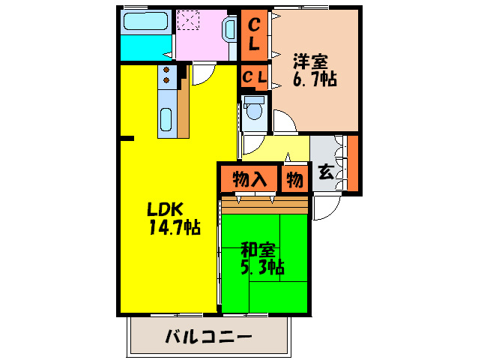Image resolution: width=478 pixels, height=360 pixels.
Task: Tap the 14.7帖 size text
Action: coord(173,226)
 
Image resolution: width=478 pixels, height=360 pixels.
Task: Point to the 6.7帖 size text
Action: coord(314,78)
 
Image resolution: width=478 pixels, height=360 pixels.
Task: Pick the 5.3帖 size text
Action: coord(261,266)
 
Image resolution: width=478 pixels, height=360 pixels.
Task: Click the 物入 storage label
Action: coord(249,179)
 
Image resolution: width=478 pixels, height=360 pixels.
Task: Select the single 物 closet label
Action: coord(294,179)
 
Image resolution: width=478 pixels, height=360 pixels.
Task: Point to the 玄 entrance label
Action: coord(326,172)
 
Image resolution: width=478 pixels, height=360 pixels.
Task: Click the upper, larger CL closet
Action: coord(255,34)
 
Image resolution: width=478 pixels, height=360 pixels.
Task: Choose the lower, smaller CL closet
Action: coord(255,76)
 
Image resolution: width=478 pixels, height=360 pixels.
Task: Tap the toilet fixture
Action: coord(255,109)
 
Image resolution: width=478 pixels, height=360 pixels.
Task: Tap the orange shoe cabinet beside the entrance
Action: coord(352,163)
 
